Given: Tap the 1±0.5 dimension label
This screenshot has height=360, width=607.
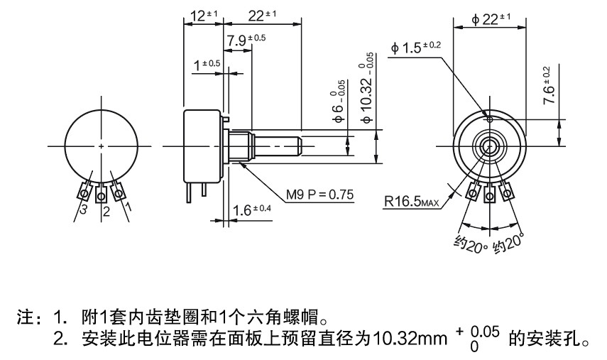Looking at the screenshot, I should pyautogui.click(x=207, y=65).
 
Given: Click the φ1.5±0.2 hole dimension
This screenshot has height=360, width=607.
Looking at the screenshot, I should pyautogui.click(x=415, y=48).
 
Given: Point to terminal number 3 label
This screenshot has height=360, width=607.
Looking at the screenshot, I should pyautogui.click(x=83, y=211).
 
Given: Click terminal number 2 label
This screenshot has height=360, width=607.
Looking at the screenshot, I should pyautogui.click(x=106, y=212).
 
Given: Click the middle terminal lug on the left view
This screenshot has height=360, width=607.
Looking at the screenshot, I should pyautogui.click(x=102, y=192).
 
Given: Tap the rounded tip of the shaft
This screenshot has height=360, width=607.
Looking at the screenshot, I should pyautogui.click(x=299, y=146).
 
